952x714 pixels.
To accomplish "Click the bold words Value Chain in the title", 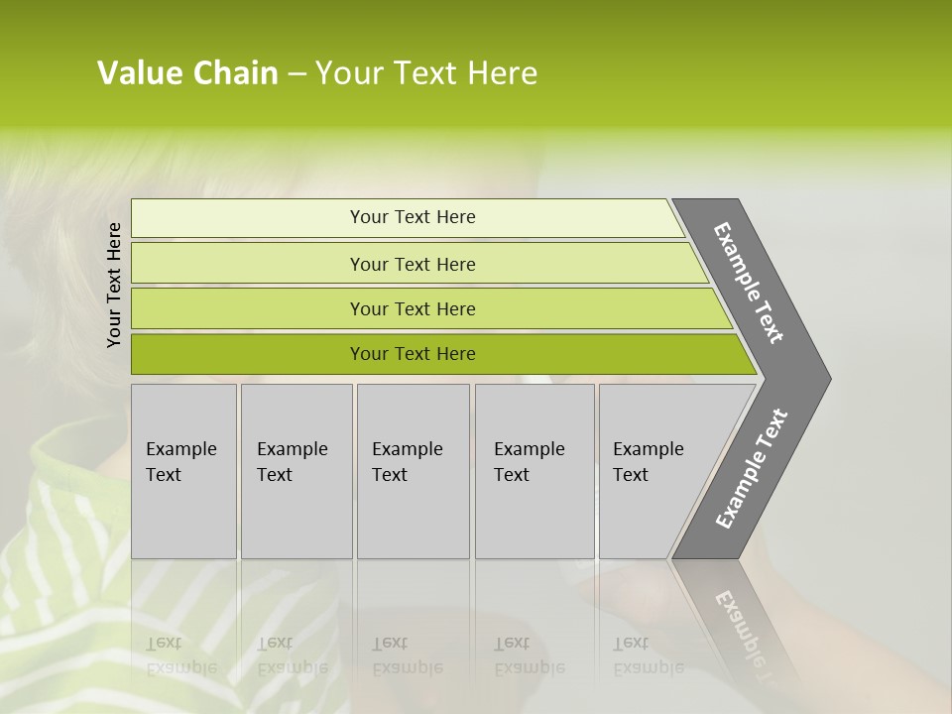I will (x=187, y=73).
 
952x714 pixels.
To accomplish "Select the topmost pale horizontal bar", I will (x=248, y=218).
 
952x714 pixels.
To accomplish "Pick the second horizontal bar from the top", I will (x=248, y=264).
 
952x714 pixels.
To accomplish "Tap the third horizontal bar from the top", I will (x=248, y=309).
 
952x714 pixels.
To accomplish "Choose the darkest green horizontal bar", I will (x=248, y=354).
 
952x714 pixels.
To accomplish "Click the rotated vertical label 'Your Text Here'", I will (x=114, y=285).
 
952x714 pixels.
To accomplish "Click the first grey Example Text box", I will (x=183, y=471).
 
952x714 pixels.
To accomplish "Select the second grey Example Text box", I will (x=296, y=471).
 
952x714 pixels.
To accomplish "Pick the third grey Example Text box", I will (x=413, y=471).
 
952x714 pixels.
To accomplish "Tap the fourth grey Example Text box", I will (x=535, y=471).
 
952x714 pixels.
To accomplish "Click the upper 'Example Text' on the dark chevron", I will (x=750, y=283).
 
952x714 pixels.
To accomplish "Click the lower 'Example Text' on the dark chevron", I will (x=752, y=469).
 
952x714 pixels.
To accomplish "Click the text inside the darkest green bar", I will (x=413, y=354).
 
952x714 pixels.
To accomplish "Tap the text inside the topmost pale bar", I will (x=413, y=217).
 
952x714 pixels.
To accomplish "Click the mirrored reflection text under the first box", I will (x=180, y=655).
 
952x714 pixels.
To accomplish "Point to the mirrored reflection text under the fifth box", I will (x=648, y=655).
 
